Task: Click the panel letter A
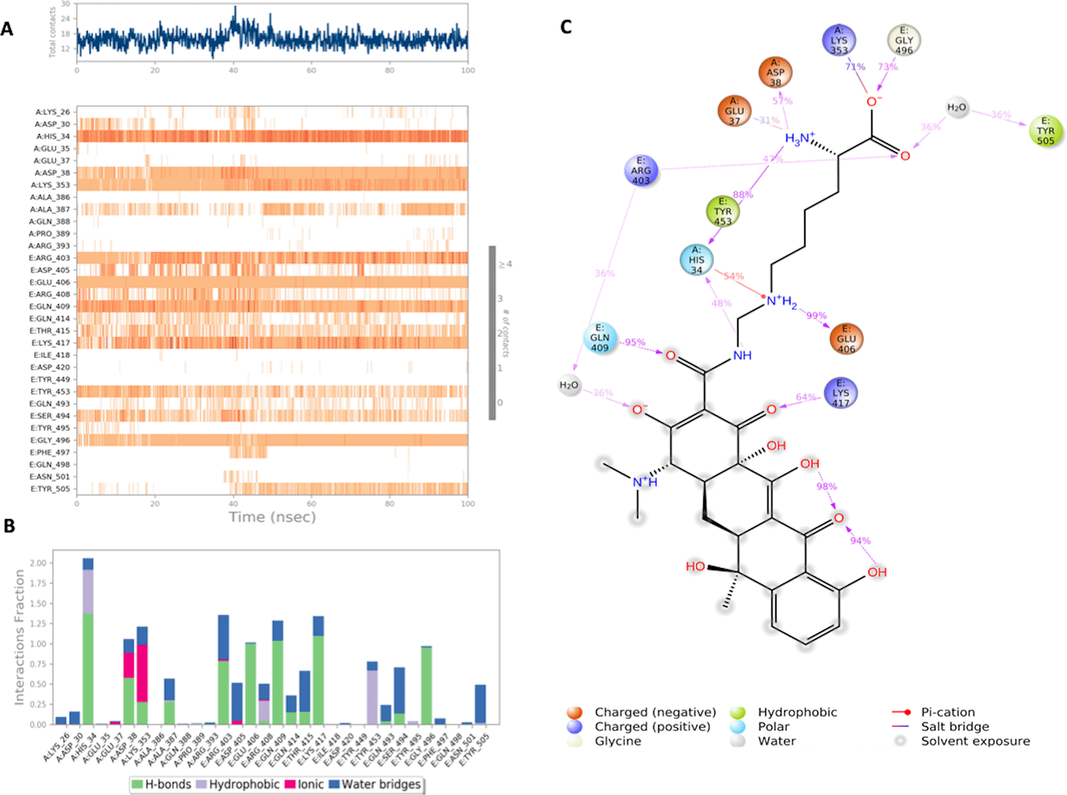coord(7,29)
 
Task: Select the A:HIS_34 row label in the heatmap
coord(53,136)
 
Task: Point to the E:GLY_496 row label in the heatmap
coord(51,440)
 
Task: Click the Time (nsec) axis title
coord(272,517)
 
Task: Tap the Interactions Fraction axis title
coord(19,637)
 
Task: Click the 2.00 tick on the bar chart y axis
coord(38,563)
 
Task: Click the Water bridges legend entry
coord(375,784)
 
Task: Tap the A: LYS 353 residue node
coord(839,40)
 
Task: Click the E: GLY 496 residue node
coord(904,40)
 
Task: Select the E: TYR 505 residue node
coord(1046,130)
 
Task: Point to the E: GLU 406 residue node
coord(846,339)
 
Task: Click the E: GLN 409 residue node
coord(600,337)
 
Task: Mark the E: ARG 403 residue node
coord(640,171)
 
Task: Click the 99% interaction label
coord(816,315)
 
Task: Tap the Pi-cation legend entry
coord(947,712)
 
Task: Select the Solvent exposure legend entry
coord(975,741)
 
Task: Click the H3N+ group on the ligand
coord(800,139)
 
